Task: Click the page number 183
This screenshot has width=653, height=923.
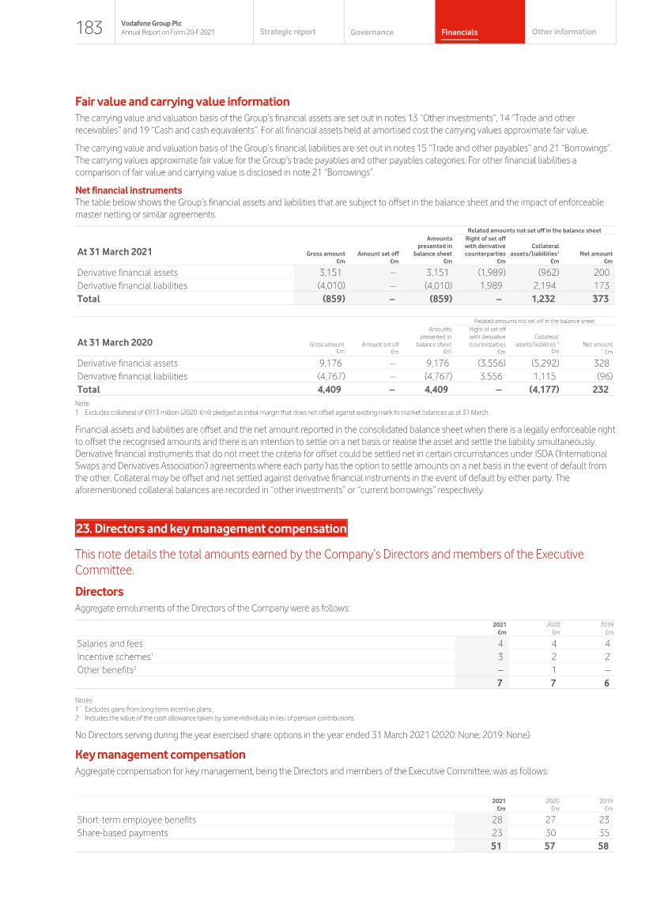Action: [x=89, y=29]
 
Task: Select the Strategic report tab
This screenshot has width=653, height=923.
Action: [x=287, y=32]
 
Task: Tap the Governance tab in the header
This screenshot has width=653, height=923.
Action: [x=372, y=32]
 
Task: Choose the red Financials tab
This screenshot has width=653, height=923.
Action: [x=459, y=32]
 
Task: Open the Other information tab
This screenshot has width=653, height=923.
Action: [x=564, y=32]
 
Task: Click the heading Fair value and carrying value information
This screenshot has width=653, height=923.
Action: [x=182, y=102]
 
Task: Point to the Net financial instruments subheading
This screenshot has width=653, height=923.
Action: [x=128, y=190]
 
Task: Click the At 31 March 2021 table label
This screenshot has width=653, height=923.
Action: [x=115, y=252]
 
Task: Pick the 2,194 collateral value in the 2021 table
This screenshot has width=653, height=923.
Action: [x=545, y=286]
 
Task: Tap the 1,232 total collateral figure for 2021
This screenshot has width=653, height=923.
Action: [x=545, y=300]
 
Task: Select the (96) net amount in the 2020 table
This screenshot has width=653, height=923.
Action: [x=602, y=377]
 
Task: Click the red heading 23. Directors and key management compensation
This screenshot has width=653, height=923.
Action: [x=211, y=529]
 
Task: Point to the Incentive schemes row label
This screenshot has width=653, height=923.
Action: [x=114, y=657]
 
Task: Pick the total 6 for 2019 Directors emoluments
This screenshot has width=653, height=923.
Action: [x=606, y=684]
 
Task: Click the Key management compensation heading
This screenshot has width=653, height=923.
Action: [x=160, y=755]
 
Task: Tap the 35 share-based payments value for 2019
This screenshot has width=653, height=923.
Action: [x=605, y=833]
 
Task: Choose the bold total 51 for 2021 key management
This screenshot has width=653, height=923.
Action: [x=497, y=846]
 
